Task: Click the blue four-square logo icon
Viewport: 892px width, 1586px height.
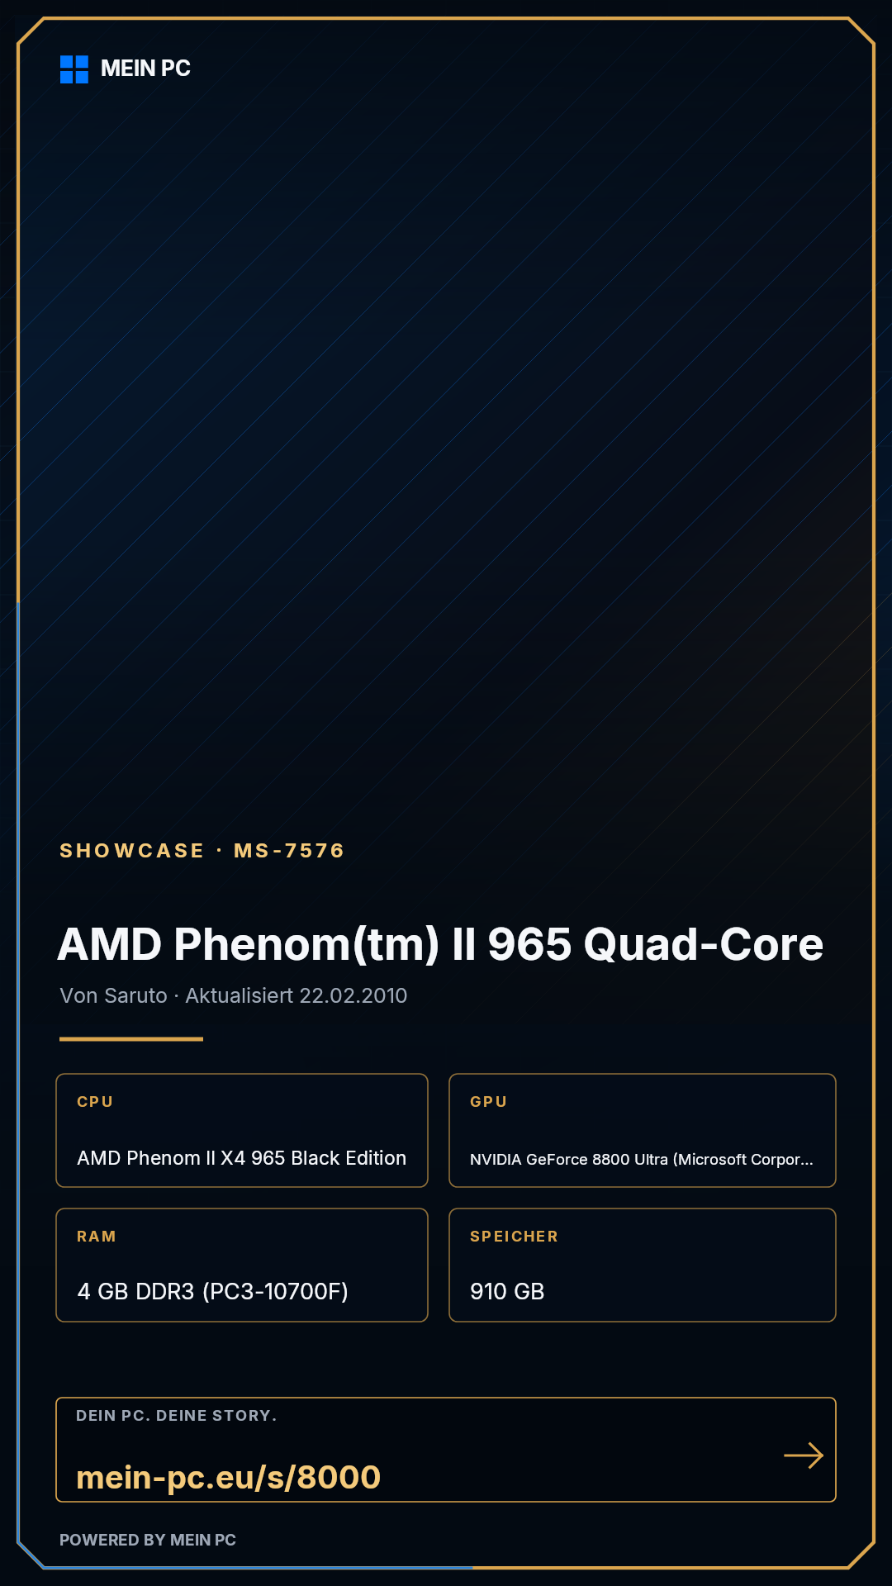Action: pyautogui.click(x=74, y=69)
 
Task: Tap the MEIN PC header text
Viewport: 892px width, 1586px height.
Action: pyautogui.click(x=145, y=69)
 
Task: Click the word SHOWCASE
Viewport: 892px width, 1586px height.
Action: pyautogui.click(x=132, y=851)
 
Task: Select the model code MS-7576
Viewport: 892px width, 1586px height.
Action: pyautogui.click(x=289, y=851)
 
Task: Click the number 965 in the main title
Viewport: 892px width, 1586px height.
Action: pyautogui.click(x=529, y=944)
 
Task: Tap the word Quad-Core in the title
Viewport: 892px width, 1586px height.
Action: pyautogui.click(x=704, y=946)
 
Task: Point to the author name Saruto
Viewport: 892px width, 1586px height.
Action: pyautogui.click(x=136, y=995)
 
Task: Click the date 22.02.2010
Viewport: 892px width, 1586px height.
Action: pyautogui.click(x=353, y=995)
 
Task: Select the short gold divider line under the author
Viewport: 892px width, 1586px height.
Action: pyautogui.click(x=131, y=1039)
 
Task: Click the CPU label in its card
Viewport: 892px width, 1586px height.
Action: pyautogui.click(x=95, y=1102)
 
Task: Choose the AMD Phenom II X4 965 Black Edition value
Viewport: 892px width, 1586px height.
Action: pyautogui.click(x=242, y=1158)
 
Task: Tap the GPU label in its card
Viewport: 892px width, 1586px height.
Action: pyautogui.click(x=488, y=1102)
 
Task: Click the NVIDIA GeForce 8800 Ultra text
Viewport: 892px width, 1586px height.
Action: pyautogui.click(x=569, y=1159)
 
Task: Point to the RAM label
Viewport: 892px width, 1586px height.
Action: pyautogui.click(x=97, y=1237)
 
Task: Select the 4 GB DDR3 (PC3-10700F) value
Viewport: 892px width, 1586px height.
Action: pyautogui.click(x=213, y=1291)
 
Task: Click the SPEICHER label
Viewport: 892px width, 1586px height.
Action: pyautogui.click(x=514, y=1237)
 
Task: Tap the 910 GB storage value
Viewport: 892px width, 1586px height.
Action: pyautogui.click(x=507, y=1292)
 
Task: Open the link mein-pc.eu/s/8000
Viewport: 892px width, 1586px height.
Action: pyautogui.click(x=229, y=1477)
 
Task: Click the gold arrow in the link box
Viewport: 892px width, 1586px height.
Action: pyautogui.click(x=804, y=1455)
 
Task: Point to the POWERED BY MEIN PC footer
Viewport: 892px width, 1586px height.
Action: pyautogui.click(x=148, y=1540)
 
